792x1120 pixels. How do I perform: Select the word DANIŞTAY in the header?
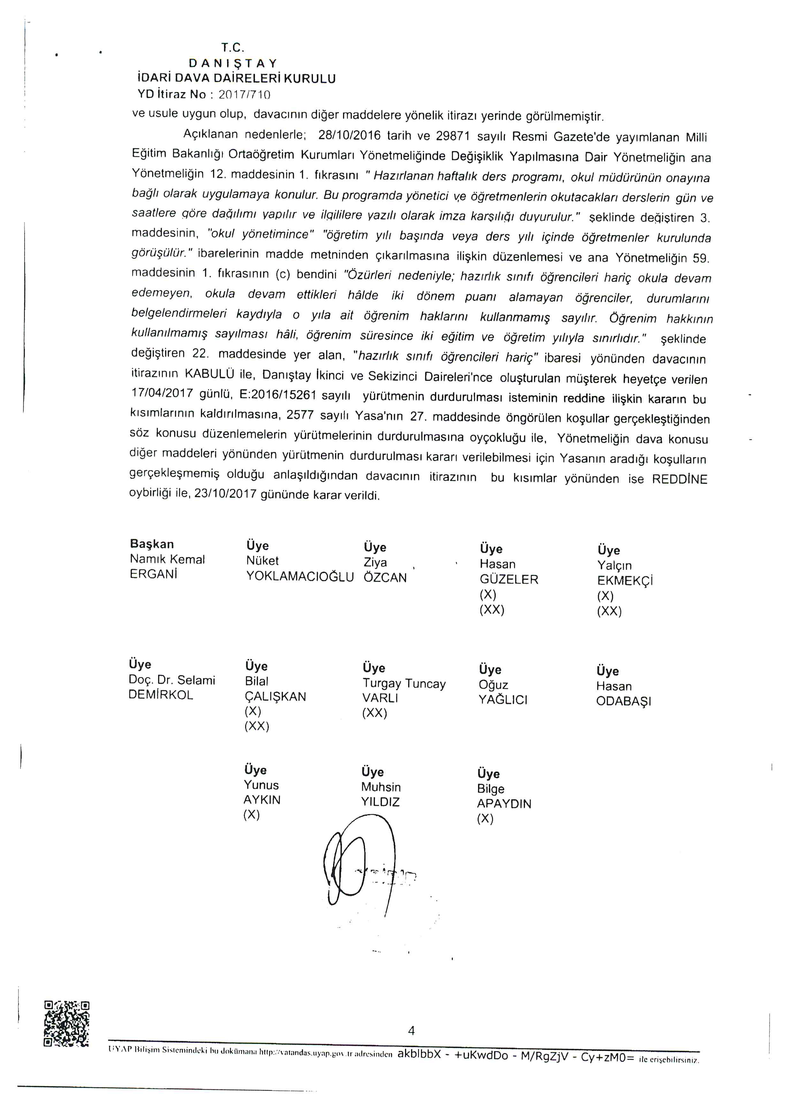(x=233, y=64)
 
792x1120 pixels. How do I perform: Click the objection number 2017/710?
(x=245, y=95)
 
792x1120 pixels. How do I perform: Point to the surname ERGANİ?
(x=153, y=574)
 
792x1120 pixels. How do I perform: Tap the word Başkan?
(x=152, y=544)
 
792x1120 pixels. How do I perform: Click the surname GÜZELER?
(x=509, y=580)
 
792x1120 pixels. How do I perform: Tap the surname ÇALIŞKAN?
(x=276, y=697)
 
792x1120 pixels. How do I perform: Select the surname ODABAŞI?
(x=623, y=701)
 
